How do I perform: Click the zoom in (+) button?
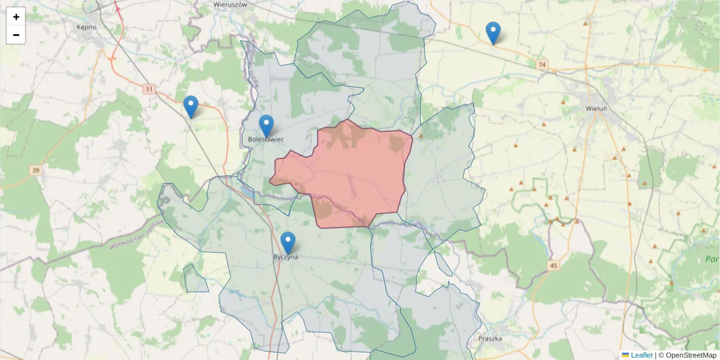(x=16, y=17)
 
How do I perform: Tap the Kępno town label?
(x=87, y=27)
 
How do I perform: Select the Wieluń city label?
(x=596, y=109)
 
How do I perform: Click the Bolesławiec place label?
(x=266, y=140)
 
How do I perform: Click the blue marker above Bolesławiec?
(x=266, y=125)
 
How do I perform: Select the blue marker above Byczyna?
(x=288, y=242)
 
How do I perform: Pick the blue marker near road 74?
(x=493, y=32)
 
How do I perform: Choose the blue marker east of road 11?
(x=191, y=106)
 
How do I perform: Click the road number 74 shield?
(x=542, y=64)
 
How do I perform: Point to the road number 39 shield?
(x=35, y=171)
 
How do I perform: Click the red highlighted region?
(x=354, y=174)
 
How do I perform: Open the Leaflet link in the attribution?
(x=641, y=355)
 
